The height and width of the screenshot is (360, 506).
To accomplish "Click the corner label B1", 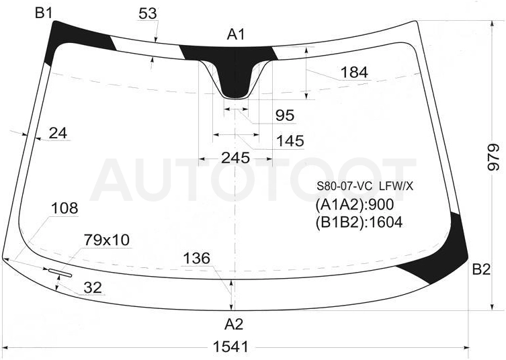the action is point(44,13).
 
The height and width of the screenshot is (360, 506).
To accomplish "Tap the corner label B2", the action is point(481,269).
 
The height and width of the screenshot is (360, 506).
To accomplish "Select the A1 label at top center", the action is point(236,34).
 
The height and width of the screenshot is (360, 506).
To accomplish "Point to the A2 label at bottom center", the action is point(234,324).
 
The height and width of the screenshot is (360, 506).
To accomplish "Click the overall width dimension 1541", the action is point(231,347).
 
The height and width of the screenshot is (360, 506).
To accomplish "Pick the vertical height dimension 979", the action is point(493,156).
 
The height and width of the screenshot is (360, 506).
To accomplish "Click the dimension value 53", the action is point(148,13).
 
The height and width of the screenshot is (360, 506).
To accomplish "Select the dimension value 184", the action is point(354,73).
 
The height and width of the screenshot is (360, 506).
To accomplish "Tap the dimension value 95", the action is point(285,115).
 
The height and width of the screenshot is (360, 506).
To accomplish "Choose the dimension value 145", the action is point(290,140).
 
